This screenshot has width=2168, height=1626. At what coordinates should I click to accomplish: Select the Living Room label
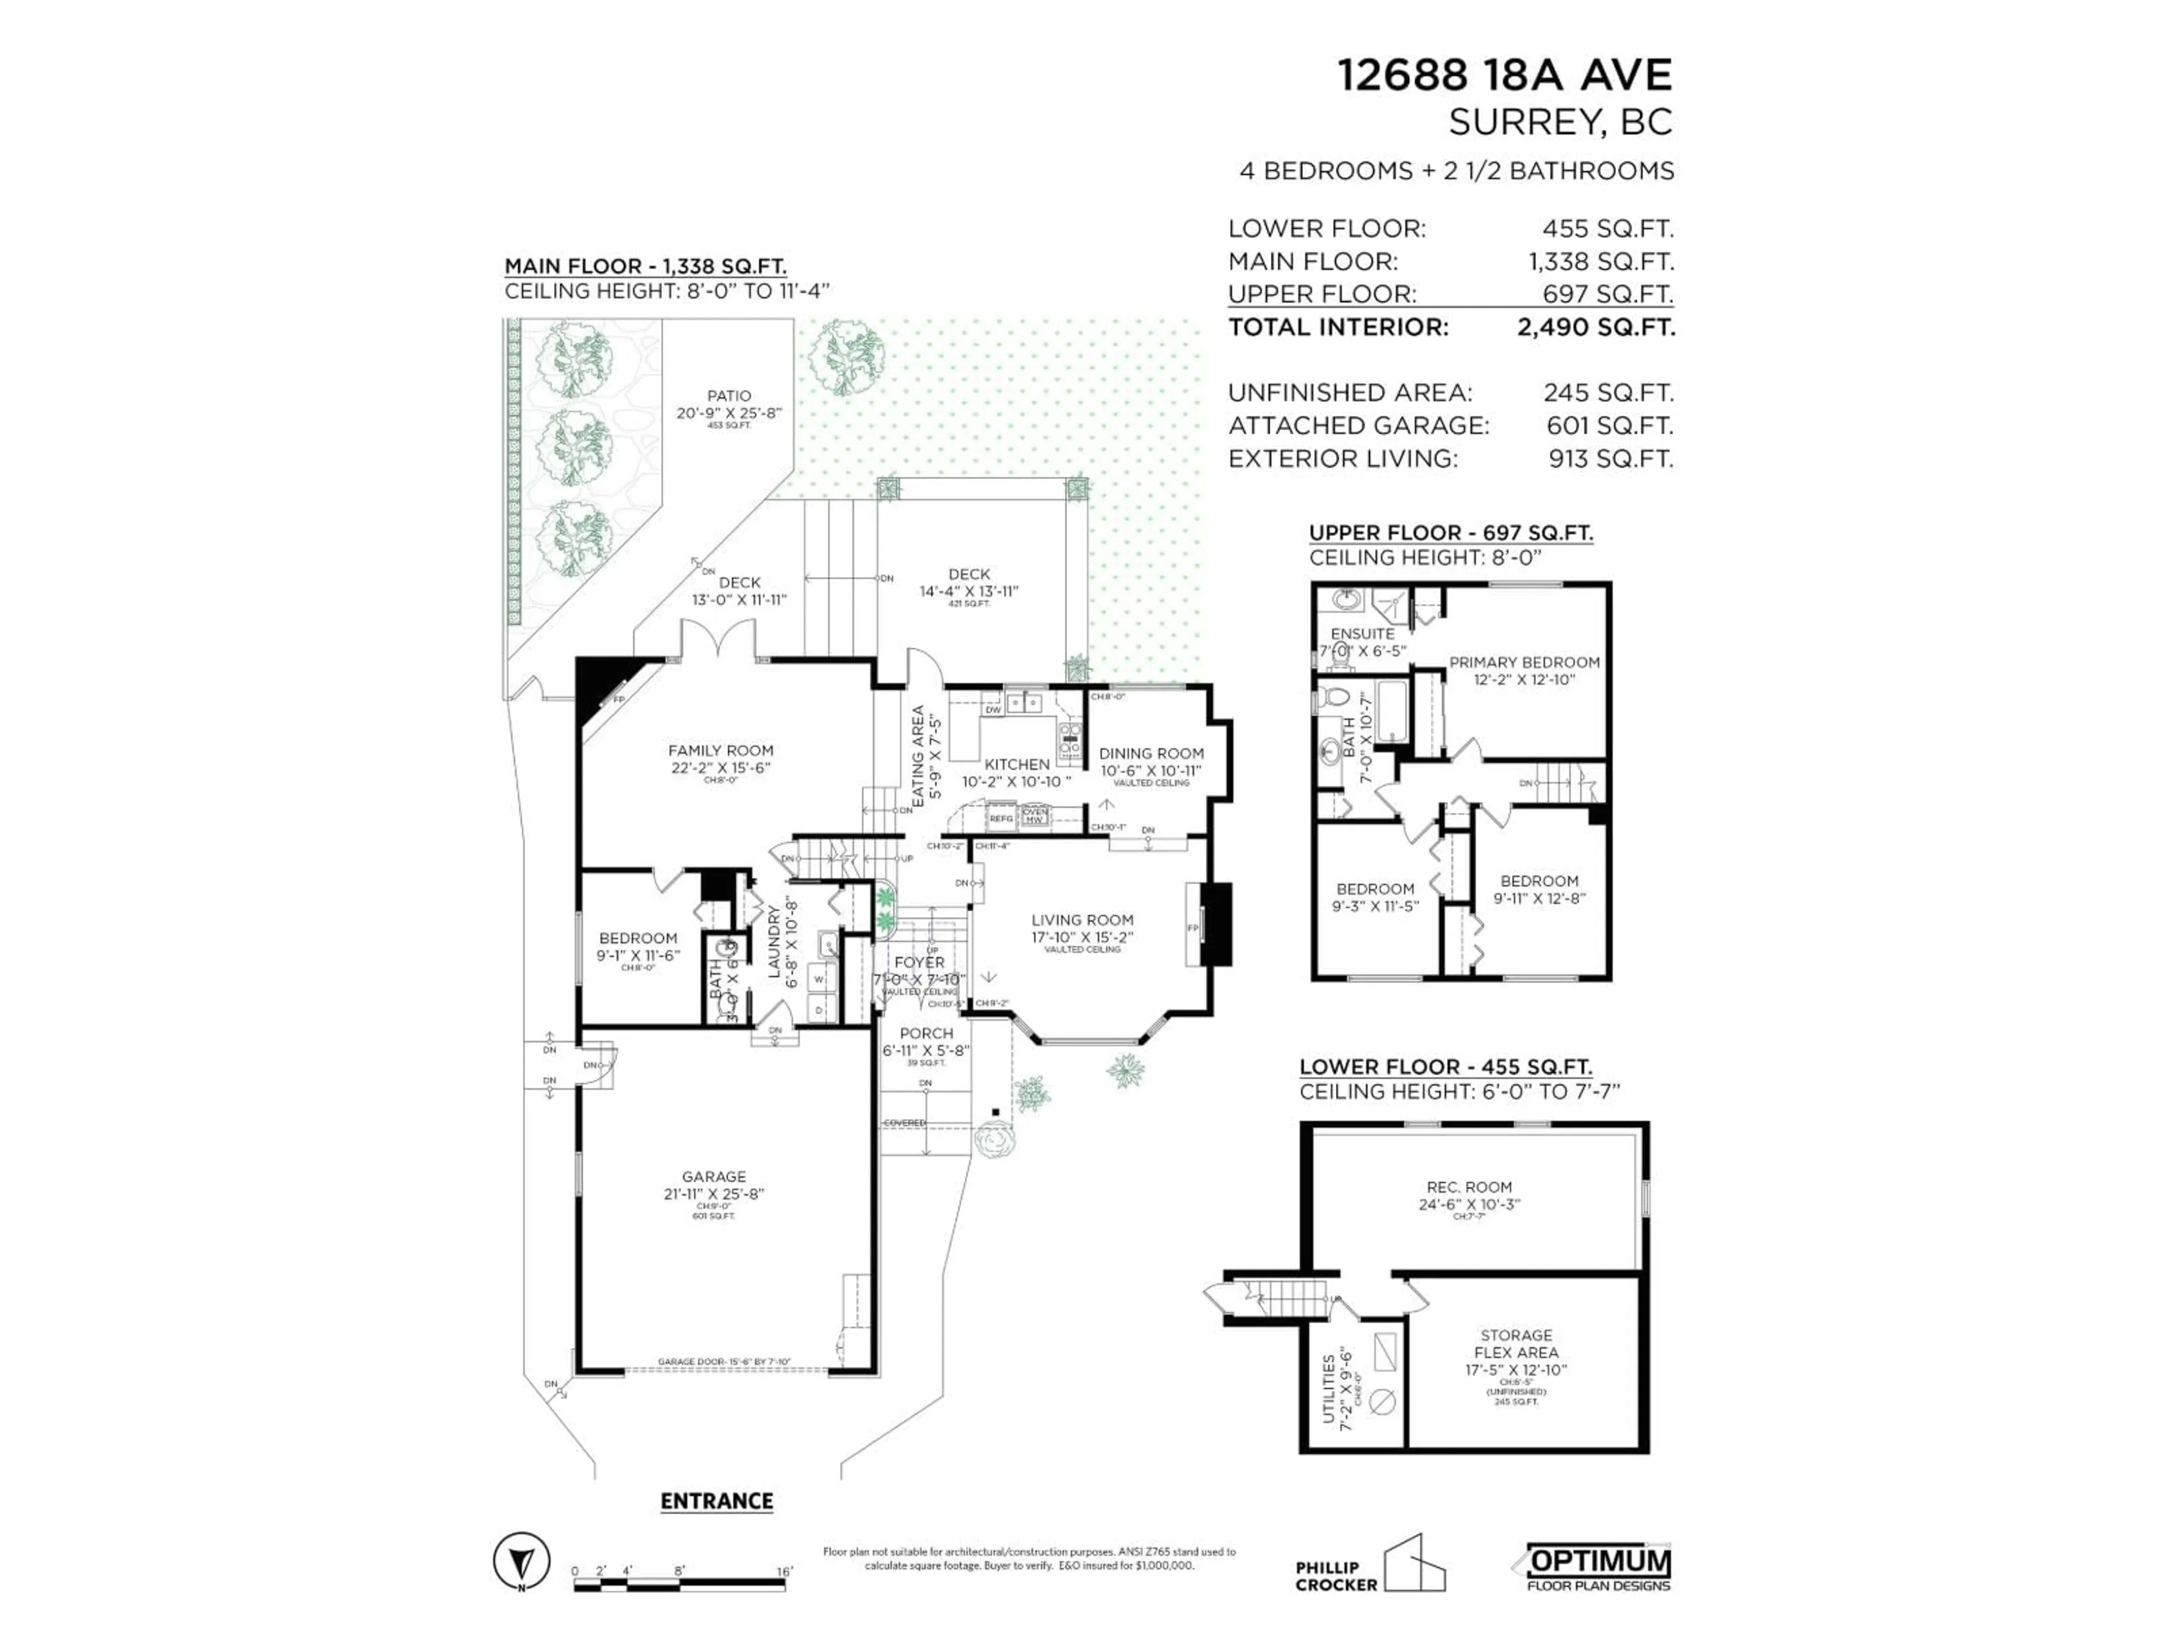(x=1082, y=920)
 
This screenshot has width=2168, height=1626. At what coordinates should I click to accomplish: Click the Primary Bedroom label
(x=1524, y=663)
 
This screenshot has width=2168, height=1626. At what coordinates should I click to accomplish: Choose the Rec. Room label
(x=1469, y=1187)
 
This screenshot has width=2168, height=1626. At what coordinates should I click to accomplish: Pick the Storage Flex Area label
(x=1516, y=1344)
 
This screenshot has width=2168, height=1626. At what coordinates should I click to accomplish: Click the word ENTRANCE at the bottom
(x=716, y=1502)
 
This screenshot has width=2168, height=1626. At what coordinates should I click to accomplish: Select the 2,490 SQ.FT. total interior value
(x=1596, y=327)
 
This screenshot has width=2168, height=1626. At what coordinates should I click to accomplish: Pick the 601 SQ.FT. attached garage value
(x=1609, y=425)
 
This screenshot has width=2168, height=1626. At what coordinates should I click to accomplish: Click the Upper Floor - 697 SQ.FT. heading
(x=1450, y=533)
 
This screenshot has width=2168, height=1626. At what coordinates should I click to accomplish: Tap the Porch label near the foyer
(x=926, y=1033)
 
